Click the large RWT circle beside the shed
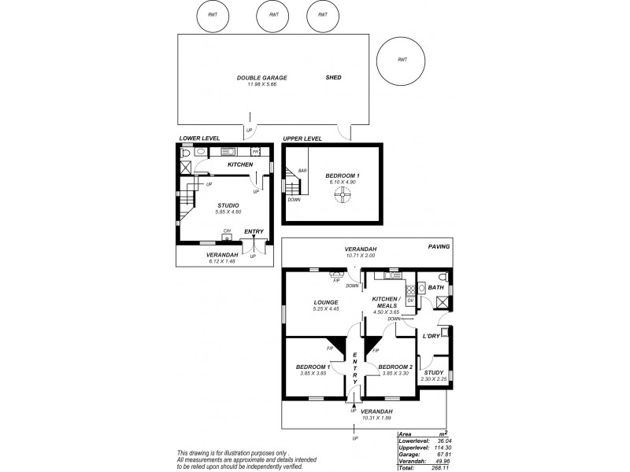click(x=402, y=60)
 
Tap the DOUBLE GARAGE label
click(x=262, y=78)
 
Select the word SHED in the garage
click(x=334, y=78)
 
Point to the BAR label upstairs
click(x=302, y=170)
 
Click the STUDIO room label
click(x=228, y=205)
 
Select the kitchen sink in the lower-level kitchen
click(x=228, y=152)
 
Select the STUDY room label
click(x=434, y=373)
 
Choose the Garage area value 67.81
click(x=441, y=453)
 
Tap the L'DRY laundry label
click(x=431, y=336)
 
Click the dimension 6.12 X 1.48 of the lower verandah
click(x=222, y=261)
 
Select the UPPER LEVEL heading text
click(x=302, y=138)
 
